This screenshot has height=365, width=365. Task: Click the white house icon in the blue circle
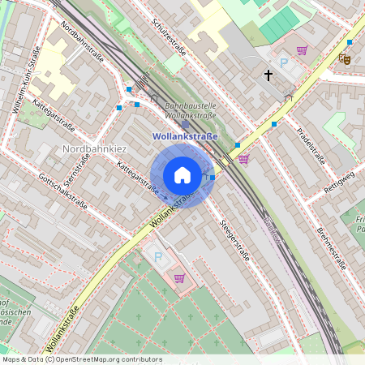182,174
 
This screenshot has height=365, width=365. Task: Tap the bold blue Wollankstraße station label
185,137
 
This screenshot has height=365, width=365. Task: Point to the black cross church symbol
268,75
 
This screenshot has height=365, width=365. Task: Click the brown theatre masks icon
345,58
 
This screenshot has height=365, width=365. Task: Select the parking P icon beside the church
284,62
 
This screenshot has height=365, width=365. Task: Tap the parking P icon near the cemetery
158,257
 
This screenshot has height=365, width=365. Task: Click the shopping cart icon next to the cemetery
179,278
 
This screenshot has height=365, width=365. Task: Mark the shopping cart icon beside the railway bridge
243,159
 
